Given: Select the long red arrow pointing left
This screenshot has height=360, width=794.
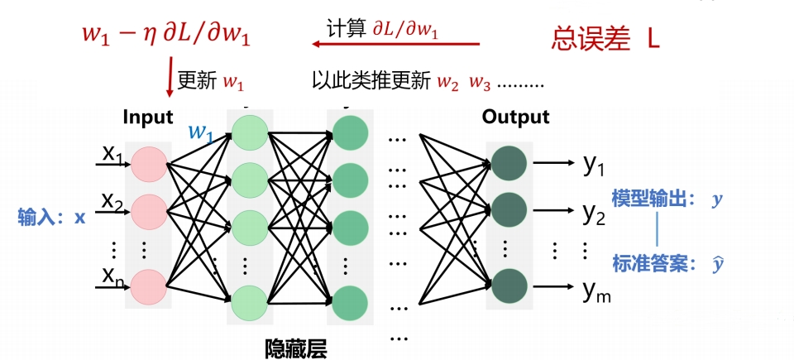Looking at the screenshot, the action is [396, 44].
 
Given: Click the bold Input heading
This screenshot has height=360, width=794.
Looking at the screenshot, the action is [148, 118].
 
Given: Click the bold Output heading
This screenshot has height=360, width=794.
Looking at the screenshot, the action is [515, 118].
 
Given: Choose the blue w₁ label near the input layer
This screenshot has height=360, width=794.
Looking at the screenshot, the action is [200, 132].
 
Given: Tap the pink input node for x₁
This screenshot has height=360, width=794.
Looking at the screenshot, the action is [149, 164].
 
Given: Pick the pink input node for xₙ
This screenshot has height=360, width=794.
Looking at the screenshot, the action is [149, 286].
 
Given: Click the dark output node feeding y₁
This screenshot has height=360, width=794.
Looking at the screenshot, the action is [509, 163].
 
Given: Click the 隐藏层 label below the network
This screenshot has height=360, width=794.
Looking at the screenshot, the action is [296, 348].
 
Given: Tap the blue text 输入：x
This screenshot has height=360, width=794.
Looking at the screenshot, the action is [51, 217].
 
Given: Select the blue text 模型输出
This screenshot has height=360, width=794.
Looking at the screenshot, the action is [646, 199].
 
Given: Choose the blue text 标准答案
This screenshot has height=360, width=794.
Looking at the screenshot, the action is [646, 264].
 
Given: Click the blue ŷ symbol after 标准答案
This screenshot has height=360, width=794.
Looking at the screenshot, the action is [716, 264].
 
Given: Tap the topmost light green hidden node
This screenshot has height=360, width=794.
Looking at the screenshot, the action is [250, 133].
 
